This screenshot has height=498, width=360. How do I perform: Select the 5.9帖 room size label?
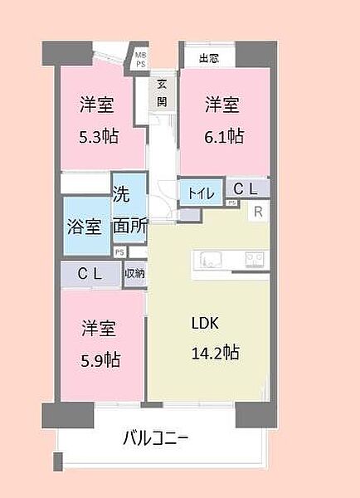click(x=100, y=359)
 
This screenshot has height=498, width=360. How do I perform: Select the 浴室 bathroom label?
click(x=85, y=225)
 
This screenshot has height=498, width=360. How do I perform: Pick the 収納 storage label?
click(x=134, y=273)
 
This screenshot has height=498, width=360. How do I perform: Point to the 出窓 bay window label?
click(x=208, y=58)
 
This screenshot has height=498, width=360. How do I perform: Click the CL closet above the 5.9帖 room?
click(x=90, y=273)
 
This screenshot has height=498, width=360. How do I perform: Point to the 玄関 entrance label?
click(x=162, y=93)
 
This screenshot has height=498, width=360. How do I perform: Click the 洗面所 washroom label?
click(x=130, y=213)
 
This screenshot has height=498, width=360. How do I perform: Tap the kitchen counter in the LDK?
click(x=230, y=260)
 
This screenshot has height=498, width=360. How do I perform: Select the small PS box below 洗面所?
click(x=119, y=252)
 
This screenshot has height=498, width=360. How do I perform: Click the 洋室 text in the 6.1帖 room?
click(x=223, y=105)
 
